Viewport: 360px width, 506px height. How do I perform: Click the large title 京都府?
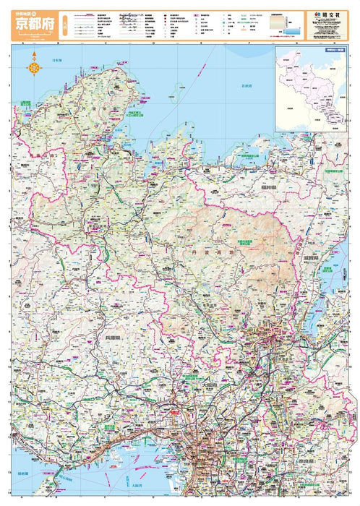[x=33, y=25]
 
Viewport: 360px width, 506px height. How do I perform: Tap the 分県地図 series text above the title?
[x=27, y=9]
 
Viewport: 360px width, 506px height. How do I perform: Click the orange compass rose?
[x=33, y=69]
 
